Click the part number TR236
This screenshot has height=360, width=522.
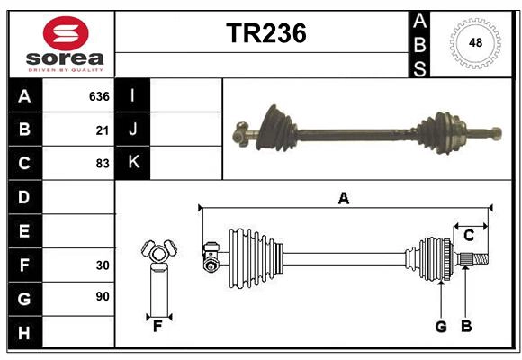[x=265, y=33]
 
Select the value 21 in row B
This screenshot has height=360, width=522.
[x=103, y=130]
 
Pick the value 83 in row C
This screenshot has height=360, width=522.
[x=103, y=164]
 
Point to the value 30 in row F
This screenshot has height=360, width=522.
[x=103, y=265]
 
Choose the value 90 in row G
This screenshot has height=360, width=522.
[x=103, y=297]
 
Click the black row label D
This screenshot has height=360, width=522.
[x=24, y=197]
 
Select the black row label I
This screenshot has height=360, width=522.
[x=132, y=96]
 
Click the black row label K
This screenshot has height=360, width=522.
[x=132, y=163]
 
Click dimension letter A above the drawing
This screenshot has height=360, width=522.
[x=343, y=198]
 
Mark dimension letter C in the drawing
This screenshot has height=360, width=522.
[x=469, y=236]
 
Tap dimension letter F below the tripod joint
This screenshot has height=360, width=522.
[x=157, y=327]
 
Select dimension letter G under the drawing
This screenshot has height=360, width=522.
[x=441, y=327]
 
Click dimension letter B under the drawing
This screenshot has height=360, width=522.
[x=466, y=327]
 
